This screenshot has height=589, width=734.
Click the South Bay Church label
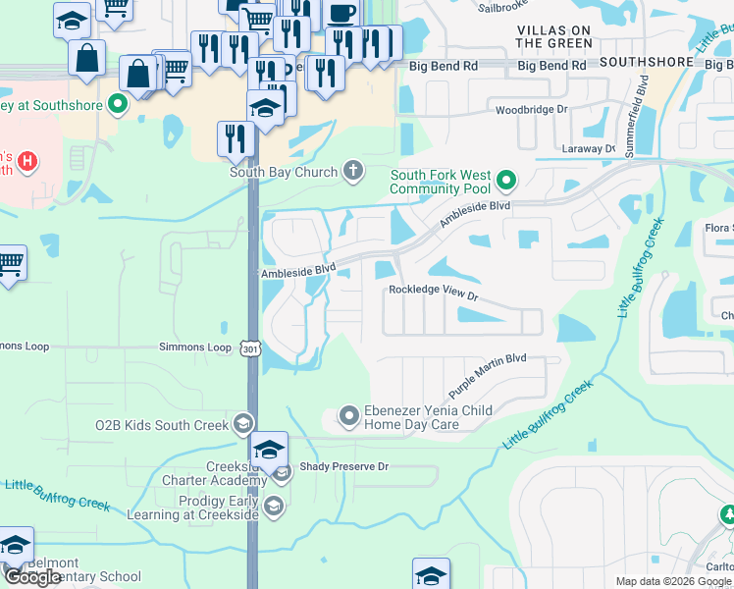(x=284, y=172)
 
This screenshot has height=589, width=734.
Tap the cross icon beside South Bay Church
(x=353, y=172)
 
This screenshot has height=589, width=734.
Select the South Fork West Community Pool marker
(x=506, y=181)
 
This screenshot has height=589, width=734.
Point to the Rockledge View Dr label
(x=433, y=293)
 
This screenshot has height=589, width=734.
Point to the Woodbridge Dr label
(x=531, y=110)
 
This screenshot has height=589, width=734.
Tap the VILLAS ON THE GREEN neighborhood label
(x=553, y=36)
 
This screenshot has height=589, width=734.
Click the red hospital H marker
(x=27, y=160)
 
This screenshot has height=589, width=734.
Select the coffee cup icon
(x=341, y=14)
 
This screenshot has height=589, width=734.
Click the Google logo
(x=32, y=577)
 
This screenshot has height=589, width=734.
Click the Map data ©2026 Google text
(x=673, y=581)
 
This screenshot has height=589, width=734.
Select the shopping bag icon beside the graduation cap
(x=87, y=57)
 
